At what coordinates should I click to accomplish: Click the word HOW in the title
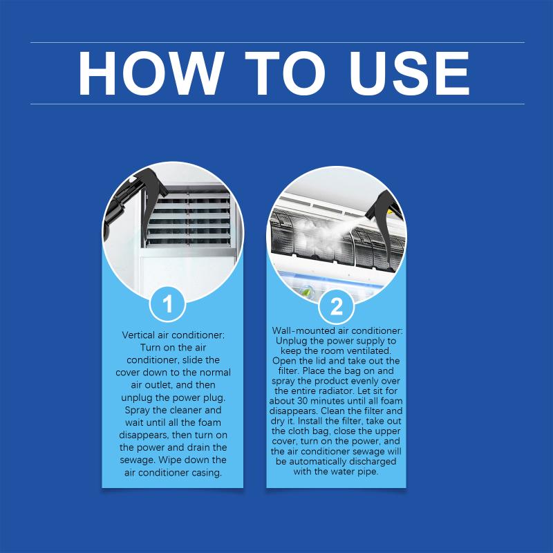[x=151, y=73]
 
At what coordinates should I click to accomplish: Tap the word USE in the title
[x=409, y=73]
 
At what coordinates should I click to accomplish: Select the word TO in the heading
[x=285, y=73]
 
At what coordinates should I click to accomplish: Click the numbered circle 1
[x=167, y=303]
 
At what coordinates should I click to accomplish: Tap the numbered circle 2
[x=336, y=306]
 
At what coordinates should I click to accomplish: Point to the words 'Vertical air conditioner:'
[x=173, y=335]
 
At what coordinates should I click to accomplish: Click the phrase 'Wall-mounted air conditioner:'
[x=337, y=331]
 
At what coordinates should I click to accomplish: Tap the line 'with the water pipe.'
[x=336, y=471]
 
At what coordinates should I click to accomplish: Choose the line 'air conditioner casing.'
[x=173, y=473]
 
